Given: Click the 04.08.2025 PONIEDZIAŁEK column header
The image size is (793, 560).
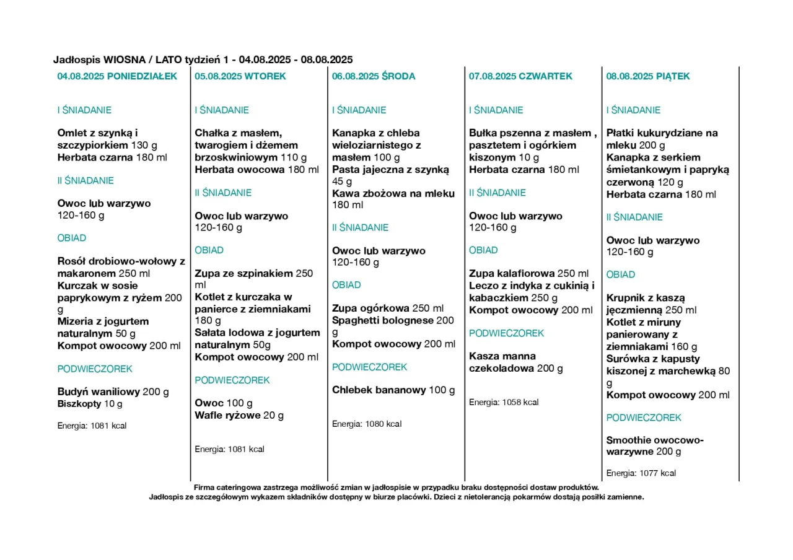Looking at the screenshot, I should tap(117, 76).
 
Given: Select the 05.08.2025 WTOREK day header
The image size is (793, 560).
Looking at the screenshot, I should tap(240, 76).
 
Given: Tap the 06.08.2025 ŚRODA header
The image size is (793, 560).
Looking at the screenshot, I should tap(374, 76).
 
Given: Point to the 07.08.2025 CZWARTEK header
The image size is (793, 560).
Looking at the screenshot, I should tap(520, 76).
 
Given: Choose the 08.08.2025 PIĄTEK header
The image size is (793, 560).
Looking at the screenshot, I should tap(647, 76).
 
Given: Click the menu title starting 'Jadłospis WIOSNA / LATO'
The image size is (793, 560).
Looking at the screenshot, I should tap(203, 59).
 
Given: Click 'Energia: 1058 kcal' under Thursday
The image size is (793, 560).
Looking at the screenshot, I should tap(504, 402).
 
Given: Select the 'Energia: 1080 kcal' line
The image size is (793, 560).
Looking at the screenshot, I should tap(367, 424).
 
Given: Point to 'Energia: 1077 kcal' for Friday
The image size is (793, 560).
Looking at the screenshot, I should tap(641, 473).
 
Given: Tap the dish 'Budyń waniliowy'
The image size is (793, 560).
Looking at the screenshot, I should tap(99, 392).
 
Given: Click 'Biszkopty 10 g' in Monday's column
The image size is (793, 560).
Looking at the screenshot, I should tap(90, 404).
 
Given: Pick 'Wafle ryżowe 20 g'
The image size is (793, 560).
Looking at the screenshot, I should tap(239, 415).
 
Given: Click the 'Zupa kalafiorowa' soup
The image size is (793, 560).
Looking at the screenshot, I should tap(512, 273).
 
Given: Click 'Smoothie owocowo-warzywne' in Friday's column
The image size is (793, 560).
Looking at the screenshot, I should tap(655, 445).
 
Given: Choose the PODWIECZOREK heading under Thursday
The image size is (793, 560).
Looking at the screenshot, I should tap(506, 333).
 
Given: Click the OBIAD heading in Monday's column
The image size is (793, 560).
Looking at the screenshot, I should tap(72, 238).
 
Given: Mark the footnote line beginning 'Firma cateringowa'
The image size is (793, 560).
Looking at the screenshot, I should tap(396, 488).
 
